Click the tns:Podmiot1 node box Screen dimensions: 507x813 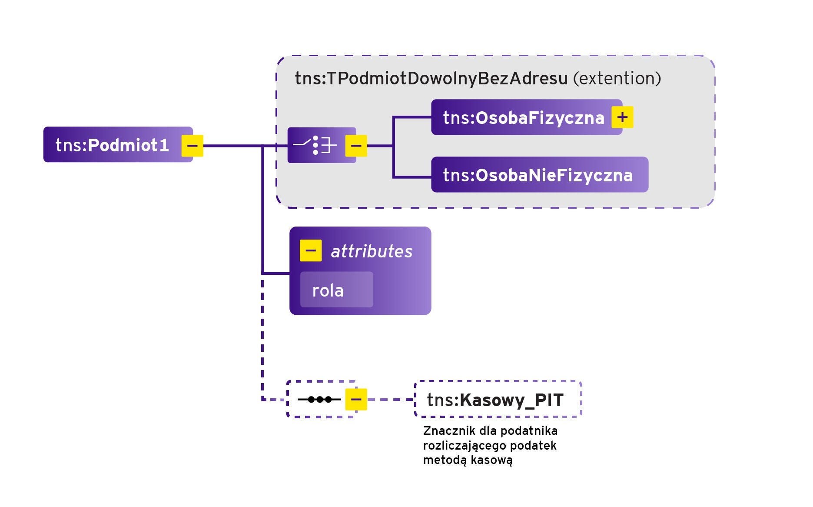[112, 145]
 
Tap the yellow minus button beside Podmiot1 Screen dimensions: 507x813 [192, 146]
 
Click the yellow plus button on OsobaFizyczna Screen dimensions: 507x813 [622, 117]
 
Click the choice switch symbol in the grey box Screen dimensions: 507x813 [315, 145]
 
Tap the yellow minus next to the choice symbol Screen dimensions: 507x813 [356, 146]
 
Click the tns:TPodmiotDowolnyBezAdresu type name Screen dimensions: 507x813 [431, 79]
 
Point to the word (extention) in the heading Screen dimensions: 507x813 [617, 79]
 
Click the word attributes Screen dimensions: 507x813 [372, 251]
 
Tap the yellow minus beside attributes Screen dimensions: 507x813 [311, 250]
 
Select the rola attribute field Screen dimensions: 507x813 [336, 290]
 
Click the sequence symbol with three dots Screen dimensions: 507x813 [319, 399]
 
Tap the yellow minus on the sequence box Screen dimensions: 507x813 [356, 399]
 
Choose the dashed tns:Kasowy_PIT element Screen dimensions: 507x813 [498, 400]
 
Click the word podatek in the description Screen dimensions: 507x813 [533, 446]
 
